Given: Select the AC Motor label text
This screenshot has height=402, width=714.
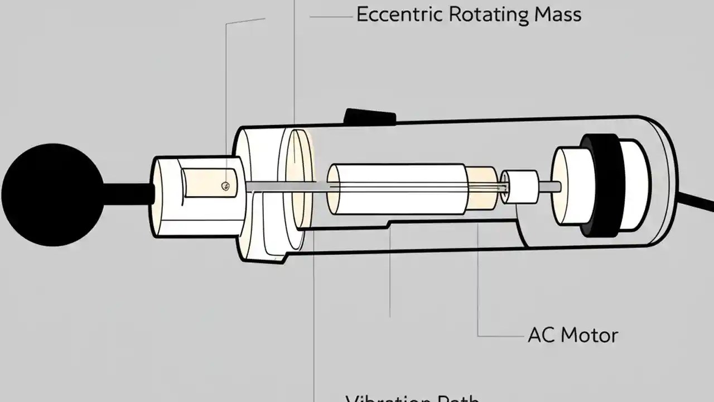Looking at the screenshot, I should [x=572, y=335].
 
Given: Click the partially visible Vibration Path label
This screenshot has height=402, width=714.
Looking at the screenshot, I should [x=412, y=398].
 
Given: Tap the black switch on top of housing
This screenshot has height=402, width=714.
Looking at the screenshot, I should [x=370, y=116].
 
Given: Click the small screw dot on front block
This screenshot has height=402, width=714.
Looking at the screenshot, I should [x=225, y=186].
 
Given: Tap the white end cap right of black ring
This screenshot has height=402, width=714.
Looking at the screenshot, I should [x=635, y=184].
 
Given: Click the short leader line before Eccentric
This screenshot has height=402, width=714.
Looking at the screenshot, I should [x=332, y=17].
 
